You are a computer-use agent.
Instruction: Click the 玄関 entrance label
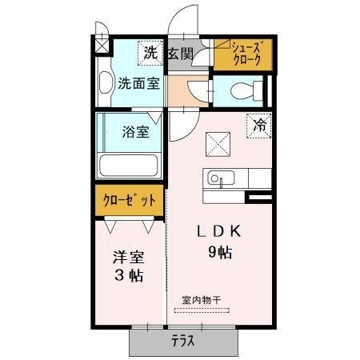[180, 54]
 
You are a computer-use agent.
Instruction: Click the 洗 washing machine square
[150, 54]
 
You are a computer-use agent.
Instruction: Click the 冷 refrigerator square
[259, 124]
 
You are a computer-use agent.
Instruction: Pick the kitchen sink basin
[217, 178]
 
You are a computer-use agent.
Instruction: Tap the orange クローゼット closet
[130, 199]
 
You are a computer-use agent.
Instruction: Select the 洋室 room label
[126, 258]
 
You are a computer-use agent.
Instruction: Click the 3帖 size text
[128, 277]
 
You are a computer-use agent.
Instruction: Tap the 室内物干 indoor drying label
[201, 300]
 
